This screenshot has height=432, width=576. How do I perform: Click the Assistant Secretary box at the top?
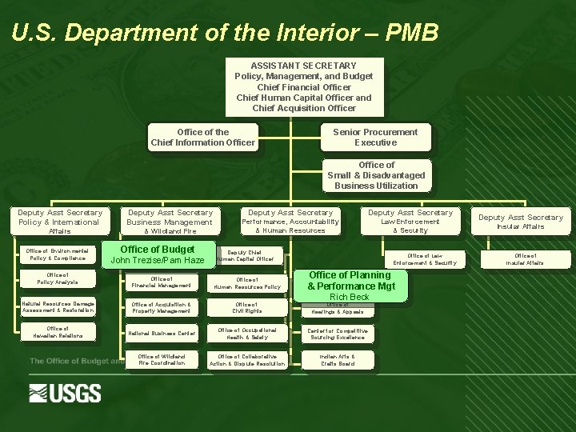[x=303, y=86]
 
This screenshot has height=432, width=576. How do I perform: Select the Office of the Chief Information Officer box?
[x=203, y=138]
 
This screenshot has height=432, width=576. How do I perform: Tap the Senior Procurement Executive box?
[x=375, y=138]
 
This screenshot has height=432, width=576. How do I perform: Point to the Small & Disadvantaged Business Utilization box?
[x=376, y=175]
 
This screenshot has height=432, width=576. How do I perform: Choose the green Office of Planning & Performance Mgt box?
[x=350, y=282]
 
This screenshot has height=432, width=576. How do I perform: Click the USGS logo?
[x=66, y=393]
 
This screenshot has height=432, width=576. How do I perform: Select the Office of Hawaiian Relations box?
[x=58, y=332]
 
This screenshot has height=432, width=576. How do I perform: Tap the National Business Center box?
[x=162, y=333]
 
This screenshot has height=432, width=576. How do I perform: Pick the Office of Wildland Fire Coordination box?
[x=162, y=360]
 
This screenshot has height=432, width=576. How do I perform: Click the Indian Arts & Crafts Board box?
[x=337, y=360]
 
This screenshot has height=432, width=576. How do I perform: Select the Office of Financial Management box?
[x=162, y=282]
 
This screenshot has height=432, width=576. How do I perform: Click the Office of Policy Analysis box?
[x=58, y=278]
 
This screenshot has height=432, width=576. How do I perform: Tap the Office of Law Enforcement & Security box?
[x=425, y=258]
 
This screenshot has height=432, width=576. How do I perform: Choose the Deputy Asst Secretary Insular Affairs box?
[x=521, y=222]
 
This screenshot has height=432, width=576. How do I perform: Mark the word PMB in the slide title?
[x=411, y=33]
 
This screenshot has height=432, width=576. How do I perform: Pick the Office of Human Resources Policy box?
[x=246, y=282]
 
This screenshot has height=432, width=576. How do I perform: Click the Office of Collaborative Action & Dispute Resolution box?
[x=246, y=360]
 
